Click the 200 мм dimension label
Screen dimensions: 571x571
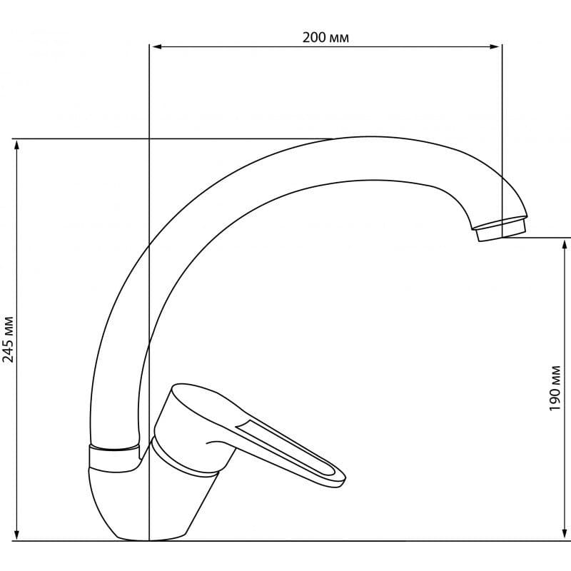click(x=325, y=38)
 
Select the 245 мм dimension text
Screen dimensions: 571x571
click(x=9, y=340)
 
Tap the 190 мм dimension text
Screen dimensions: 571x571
click(x=555, y=388)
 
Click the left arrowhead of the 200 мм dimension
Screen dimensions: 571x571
click(x=156, y=46)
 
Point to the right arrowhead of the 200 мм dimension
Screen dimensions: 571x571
click(x=495, y=46)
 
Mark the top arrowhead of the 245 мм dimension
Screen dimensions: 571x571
click(x=16, y=145)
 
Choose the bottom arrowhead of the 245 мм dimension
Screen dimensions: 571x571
click(x=16, y=535)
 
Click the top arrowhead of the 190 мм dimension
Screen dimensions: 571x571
click(x=565, y=244)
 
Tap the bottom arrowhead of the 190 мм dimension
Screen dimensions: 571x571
click(x=565, y=535)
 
